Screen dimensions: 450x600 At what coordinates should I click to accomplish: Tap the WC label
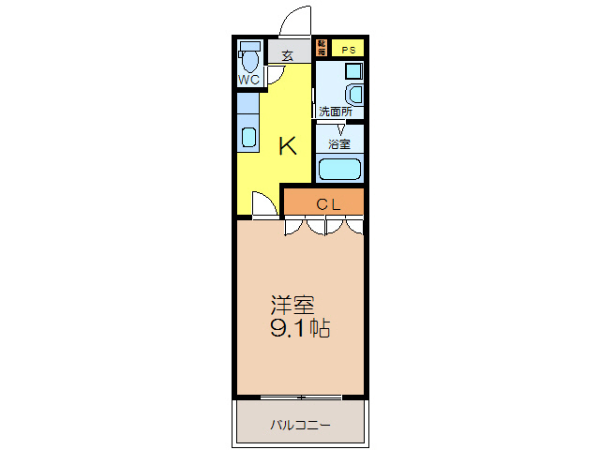[249, 80]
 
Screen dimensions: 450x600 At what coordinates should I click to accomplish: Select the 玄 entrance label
[287, 55]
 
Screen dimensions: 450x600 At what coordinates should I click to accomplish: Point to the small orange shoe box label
[322, 49]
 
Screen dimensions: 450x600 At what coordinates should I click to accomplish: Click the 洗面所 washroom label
[335, 112]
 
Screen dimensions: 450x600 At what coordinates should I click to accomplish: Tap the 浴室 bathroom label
[339, 143]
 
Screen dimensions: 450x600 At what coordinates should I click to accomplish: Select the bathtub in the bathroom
[339, 170]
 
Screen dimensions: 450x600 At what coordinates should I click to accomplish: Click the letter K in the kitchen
[287, 146]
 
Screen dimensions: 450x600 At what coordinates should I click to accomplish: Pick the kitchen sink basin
[248, 137]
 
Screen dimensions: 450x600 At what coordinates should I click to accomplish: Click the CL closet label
[326, 203]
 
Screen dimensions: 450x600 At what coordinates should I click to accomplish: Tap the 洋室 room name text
[292, 306]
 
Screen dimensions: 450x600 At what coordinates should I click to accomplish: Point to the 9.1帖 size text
[300, 330]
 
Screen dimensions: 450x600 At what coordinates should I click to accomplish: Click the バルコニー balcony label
[300, 425]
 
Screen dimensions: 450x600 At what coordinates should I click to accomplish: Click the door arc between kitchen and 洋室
[265, 203]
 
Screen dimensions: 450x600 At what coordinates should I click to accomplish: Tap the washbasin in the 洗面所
[354, 94]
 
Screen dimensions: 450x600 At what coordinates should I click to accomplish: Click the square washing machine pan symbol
[352, 70]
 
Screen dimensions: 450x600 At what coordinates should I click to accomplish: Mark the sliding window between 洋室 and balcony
[300, 397]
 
